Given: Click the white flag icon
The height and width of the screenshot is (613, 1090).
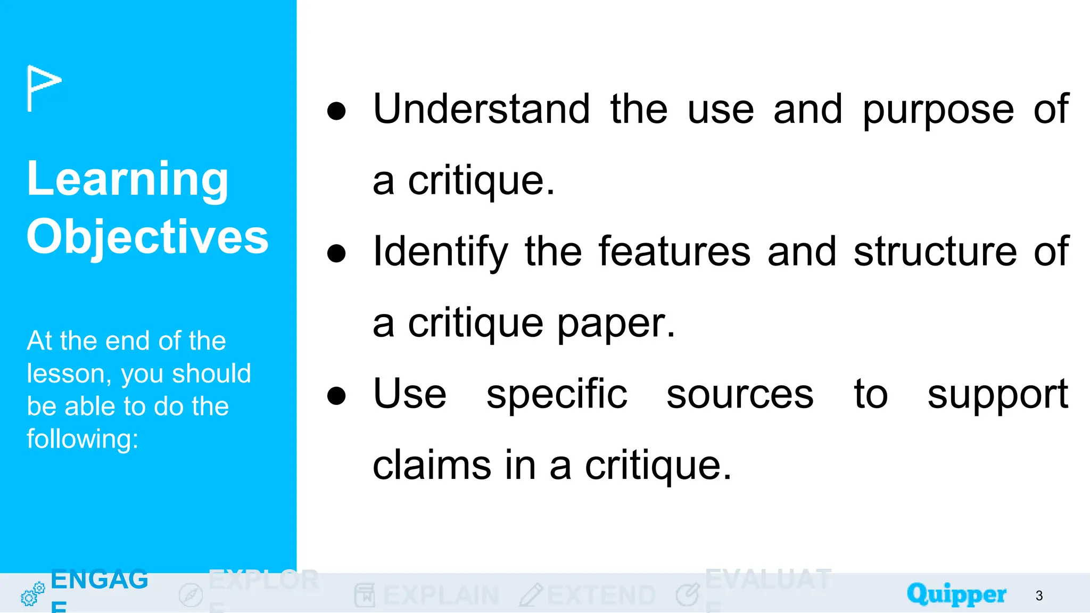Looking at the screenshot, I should [x=44, y=88].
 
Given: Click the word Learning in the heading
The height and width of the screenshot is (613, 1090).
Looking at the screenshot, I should [x=128, y=179].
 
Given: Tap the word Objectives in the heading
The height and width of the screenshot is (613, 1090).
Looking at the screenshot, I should [x=147, y=237].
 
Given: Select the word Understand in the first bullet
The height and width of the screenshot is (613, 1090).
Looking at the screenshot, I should [x=482, y=109].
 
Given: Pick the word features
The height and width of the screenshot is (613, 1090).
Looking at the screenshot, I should [x=674, y=251].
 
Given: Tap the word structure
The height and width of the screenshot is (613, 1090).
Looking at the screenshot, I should [x=935, y=251].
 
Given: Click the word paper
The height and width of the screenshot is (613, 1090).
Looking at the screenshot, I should [x=616, y=324].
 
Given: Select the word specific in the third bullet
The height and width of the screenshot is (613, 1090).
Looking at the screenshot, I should [x=557, y=395].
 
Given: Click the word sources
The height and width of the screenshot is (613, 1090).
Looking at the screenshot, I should [x=740, y=395].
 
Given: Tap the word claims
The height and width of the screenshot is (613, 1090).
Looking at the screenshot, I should [x=431, y=466].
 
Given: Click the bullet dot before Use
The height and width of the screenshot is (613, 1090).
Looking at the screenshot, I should [x=336, y=396].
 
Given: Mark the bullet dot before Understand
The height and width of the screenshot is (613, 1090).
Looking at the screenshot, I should [x=336, y=111].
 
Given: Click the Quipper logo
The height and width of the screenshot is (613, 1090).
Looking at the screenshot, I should [x=956, y=594].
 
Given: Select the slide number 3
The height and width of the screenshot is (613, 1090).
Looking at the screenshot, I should [x=1039, y=595].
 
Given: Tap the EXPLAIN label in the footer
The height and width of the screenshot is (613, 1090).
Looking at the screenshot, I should [x=441, y=595].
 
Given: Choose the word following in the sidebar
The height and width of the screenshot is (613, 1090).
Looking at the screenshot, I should [x=82, y=440].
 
